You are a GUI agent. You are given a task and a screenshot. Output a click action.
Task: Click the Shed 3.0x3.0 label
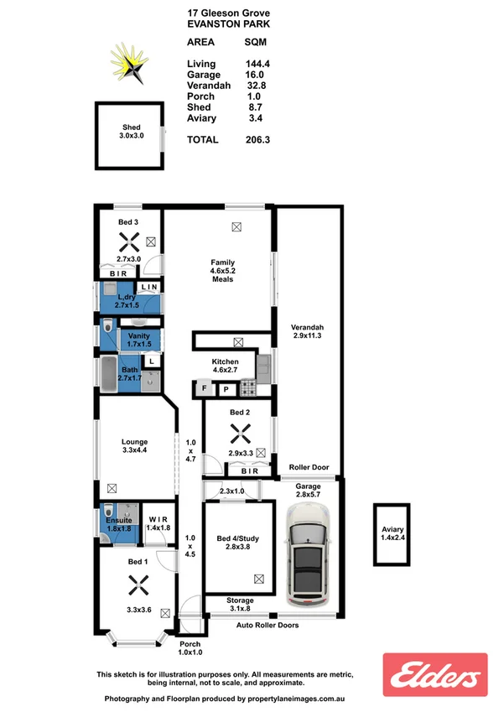(131, 133)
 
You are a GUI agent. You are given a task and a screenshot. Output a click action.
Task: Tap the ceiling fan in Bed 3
(128, 242)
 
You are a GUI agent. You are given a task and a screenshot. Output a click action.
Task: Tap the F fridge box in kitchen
(204, 389)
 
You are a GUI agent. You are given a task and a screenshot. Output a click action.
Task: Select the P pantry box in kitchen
(226, 389)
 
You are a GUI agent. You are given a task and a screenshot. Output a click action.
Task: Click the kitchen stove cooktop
(248, 388)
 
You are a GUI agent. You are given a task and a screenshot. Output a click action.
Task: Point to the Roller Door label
(309, 468)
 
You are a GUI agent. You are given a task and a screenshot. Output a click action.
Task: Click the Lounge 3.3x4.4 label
(134, 446)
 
